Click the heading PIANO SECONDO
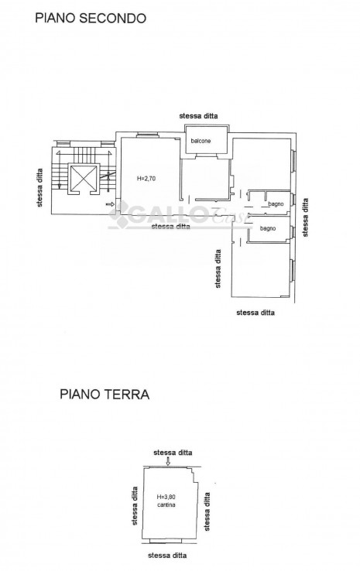[91, 18]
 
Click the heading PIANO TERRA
[105, 394]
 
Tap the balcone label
[201, 141]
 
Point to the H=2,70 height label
[146, 179]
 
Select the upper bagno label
[276, 204]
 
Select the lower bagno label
[268, 229]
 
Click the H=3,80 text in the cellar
[166, 497]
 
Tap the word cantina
[166, 504]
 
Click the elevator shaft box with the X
[84, 179]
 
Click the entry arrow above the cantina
[167, 461]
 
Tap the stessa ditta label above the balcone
[199, 116]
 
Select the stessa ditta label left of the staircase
[39, 187]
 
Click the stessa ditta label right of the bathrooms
[305, 217]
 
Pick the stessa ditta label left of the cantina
[135, 506]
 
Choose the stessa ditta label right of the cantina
[207, 511]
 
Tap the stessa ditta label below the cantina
[167, 556]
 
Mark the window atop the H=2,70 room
[148, 135]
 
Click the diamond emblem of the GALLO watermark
[119, 215]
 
